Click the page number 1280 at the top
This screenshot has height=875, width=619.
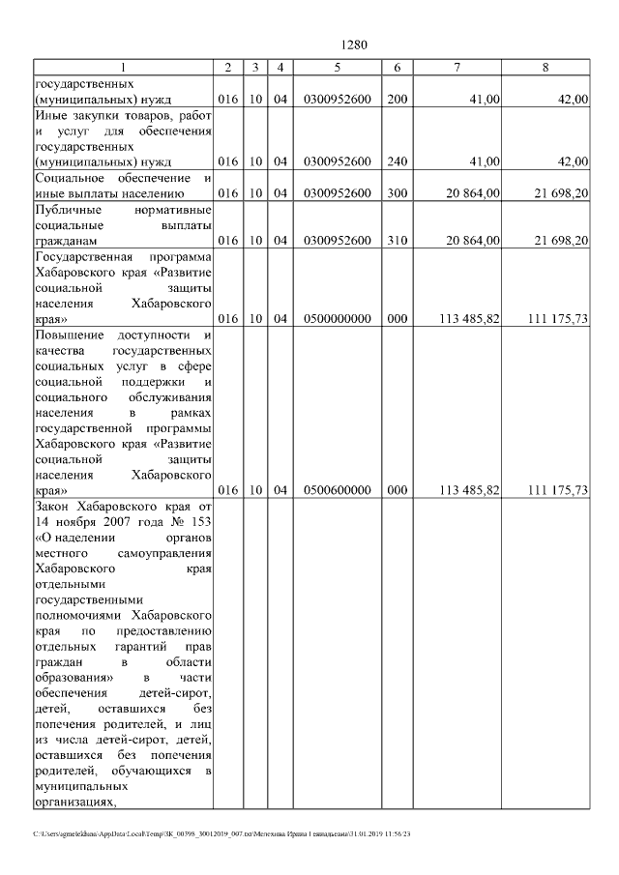click(x=355, y=44)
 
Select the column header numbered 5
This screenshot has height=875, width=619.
click(x=337, y=67)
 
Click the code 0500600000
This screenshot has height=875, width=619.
click(x=337, y=490)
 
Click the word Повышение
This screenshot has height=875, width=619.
click(x=70, y=335)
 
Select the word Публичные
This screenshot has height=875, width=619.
click(x=66, y=209)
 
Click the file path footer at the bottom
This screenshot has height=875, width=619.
click(x=222, y=833)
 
